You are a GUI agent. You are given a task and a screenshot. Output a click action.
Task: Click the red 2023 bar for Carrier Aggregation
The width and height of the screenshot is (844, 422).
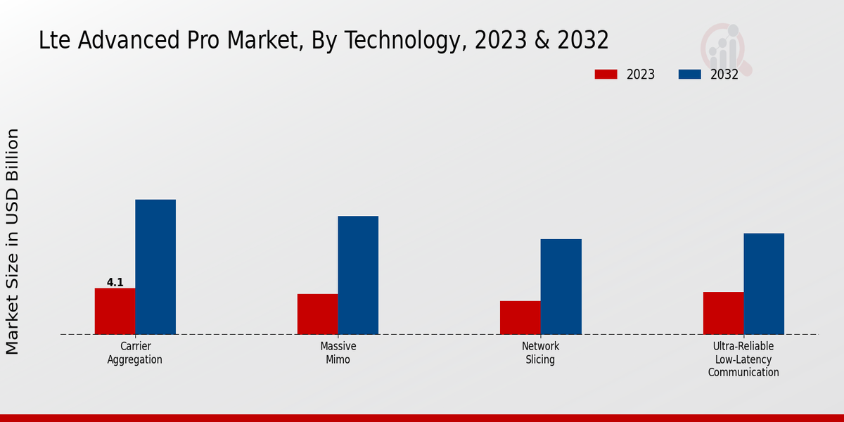tap(115, 311)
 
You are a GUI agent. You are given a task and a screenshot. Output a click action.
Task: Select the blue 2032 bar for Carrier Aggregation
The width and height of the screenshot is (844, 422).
tap(155, 267)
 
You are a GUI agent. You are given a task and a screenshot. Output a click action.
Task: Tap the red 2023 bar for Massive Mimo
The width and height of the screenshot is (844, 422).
tap(317, 314)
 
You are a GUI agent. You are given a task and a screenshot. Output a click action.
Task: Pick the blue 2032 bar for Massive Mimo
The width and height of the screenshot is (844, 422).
tap(358, 275)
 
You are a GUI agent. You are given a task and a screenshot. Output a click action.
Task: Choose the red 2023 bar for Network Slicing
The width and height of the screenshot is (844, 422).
tap(520, 317)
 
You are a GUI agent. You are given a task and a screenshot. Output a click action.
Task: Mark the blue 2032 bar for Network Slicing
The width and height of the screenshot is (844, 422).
tap(561, 286)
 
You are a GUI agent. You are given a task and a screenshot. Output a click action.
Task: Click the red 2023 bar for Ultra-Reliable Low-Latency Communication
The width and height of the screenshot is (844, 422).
tap(723, 313)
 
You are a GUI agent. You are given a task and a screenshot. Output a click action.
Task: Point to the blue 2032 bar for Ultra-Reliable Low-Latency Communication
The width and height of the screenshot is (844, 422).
tap(764, 283)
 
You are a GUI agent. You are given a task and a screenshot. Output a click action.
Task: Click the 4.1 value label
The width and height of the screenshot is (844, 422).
tap(115, 283)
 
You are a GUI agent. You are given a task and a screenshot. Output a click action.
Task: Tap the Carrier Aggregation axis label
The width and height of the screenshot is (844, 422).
tap(135, 353)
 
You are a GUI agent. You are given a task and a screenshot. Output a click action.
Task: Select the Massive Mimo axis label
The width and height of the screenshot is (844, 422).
tap(338, 353)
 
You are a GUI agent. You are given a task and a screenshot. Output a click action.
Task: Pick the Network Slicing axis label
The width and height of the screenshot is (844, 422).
tap(540, 353)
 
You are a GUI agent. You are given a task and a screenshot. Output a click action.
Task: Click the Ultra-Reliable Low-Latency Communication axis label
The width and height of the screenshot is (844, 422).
tap(743, 359)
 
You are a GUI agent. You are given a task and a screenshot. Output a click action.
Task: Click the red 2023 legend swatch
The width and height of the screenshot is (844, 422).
tap(606, 75)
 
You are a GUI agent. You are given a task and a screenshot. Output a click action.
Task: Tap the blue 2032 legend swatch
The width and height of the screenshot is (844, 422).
tap(689, 75)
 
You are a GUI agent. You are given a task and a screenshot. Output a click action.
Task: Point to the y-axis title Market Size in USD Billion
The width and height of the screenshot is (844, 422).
tap(13, 241)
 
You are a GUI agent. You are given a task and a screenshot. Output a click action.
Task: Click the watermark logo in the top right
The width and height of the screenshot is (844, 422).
tap(725, 49)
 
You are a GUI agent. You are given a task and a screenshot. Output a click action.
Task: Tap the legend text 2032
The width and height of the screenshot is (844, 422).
tap(724, 75)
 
